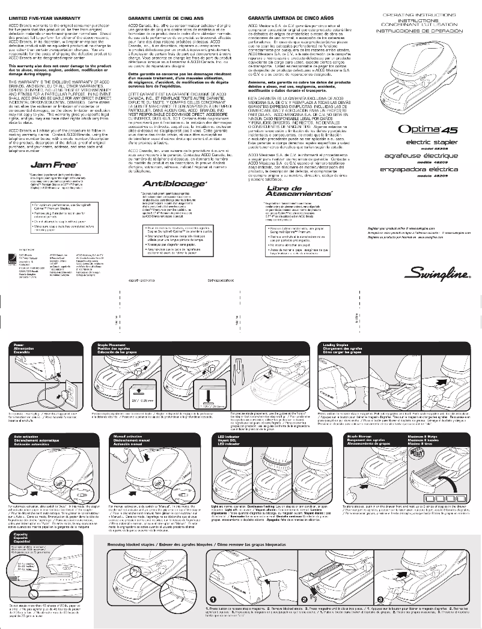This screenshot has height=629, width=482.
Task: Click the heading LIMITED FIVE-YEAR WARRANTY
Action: point(43,20)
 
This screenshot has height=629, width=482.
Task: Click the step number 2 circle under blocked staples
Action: point(305,599)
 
